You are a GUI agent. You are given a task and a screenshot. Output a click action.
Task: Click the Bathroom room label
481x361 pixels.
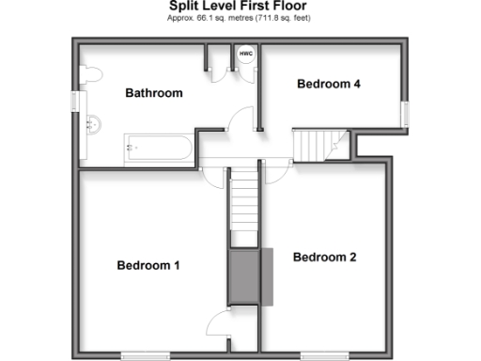154,93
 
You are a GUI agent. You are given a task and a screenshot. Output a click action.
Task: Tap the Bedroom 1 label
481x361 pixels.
148,265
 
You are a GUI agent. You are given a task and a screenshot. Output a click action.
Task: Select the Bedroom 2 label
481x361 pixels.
325,257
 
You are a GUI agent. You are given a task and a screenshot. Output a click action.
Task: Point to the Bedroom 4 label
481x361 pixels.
329,84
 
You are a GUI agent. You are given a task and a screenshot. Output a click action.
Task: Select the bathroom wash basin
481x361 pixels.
91,123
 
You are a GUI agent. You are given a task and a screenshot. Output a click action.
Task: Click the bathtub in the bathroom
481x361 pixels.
158,148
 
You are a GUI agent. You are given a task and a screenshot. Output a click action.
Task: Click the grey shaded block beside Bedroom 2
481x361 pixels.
247,276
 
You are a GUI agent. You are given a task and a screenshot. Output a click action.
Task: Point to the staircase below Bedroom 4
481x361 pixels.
316,144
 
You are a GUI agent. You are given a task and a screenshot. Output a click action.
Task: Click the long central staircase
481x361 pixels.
243,200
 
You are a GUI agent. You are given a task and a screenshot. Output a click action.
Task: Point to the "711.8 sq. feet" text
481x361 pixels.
279,18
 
